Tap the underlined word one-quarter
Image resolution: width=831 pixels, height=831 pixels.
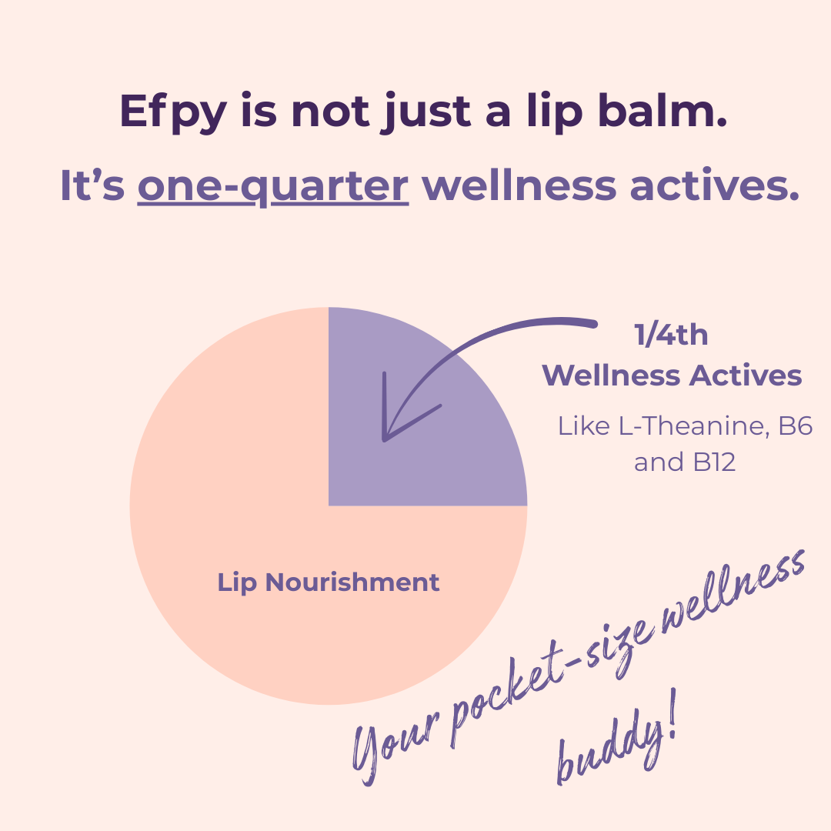point(272,187)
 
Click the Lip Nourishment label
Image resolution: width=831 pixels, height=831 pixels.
point(329,582)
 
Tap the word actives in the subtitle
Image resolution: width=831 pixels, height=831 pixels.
point(713,187)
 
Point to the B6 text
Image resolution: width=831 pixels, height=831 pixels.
point(795,426)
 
